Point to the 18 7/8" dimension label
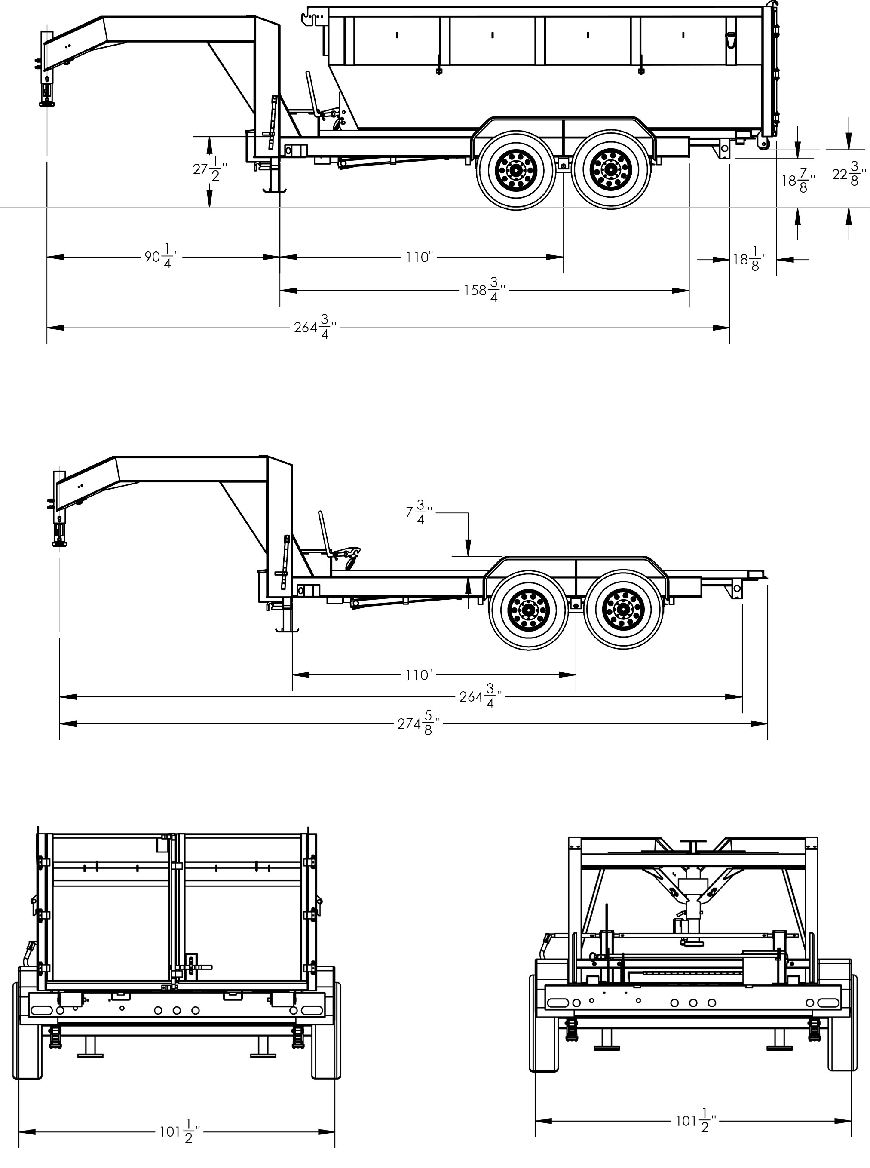click(797, 181)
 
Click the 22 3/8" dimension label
click(849, 174)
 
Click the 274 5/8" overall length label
click(418, 723)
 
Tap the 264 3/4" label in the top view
click(314, 328)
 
